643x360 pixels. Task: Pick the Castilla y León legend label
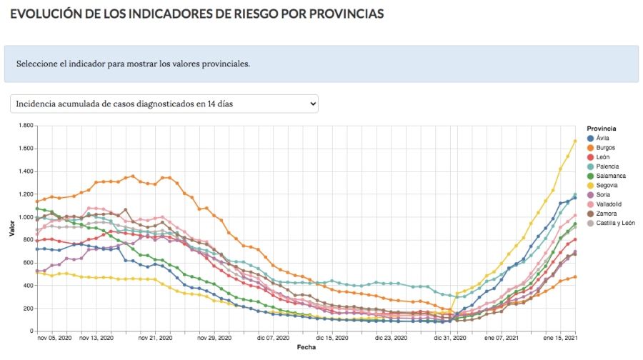[614, 223]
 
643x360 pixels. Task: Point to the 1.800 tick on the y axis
[25, 126]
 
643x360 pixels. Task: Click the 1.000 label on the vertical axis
[25, 217]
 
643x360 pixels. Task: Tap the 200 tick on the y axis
[29, 309]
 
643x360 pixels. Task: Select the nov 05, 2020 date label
[55, 338]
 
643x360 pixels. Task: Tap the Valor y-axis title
[12, 229]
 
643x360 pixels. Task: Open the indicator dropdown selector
[164, 104]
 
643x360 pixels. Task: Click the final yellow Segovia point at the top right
[575, 141]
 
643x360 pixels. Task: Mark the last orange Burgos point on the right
[575, 277]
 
